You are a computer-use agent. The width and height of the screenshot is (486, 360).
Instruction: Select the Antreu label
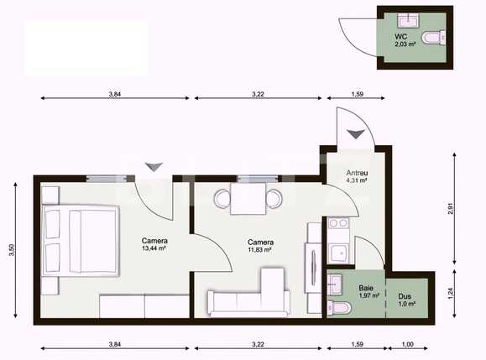pyautogui.click(x=357, y=173)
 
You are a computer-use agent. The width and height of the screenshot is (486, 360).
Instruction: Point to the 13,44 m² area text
pyautogui.click(x=154, y=248)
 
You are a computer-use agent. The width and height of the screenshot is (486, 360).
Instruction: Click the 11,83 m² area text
pyautogui.click(x=260, y=248)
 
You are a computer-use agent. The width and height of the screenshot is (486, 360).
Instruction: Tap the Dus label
pyautogui.click(x=405, y=296)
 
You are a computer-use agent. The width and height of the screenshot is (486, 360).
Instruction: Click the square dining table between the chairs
pyautogui.click(x=249, y=200)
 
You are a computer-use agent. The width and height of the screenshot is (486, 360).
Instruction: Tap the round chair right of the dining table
pyautogui.click(x=274, y=200)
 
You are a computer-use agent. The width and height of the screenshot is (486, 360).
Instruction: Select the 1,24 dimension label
pyautogui.click(x=451, y=294)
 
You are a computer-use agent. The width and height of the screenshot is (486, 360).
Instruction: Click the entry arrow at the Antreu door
pyautogui.click(x=356, y=134)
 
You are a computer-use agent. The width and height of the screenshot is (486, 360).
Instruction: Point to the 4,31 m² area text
pyautogui.click(x=357, y=180)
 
